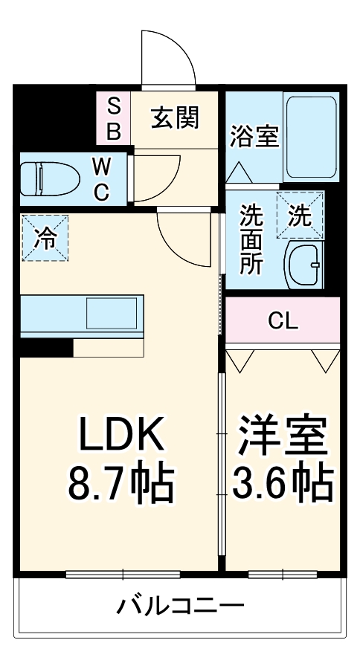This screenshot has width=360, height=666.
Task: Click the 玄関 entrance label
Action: pos(175,118)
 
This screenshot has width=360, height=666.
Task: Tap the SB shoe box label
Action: pos(114,118)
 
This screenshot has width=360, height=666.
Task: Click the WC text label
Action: pos(101,179)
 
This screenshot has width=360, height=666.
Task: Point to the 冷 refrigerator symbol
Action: pos(44,237)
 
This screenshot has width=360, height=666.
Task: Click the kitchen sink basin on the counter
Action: pos(112,313)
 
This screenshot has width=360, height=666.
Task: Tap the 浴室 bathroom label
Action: pos(254,137)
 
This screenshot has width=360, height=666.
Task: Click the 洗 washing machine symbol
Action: pos(300,216)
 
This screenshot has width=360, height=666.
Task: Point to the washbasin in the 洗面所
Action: pos(303,264)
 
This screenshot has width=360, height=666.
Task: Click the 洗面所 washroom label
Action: pos(251,240)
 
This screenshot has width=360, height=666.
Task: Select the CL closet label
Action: pos(283,321)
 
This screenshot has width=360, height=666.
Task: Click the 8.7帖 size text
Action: pos(121,484)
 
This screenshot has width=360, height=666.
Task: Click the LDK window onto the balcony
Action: pos(123,574)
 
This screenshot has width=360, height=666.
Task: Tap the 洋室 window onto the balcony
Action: pos(283,574)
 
